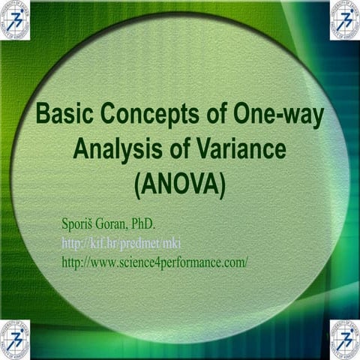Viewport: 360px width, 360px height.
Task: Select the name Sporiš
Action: click(77, 223)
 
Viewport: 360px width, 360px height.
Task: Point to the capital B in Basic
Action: click(43, 117)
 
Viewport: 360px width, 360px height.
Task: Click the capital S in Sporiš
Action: click(64, 223)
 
